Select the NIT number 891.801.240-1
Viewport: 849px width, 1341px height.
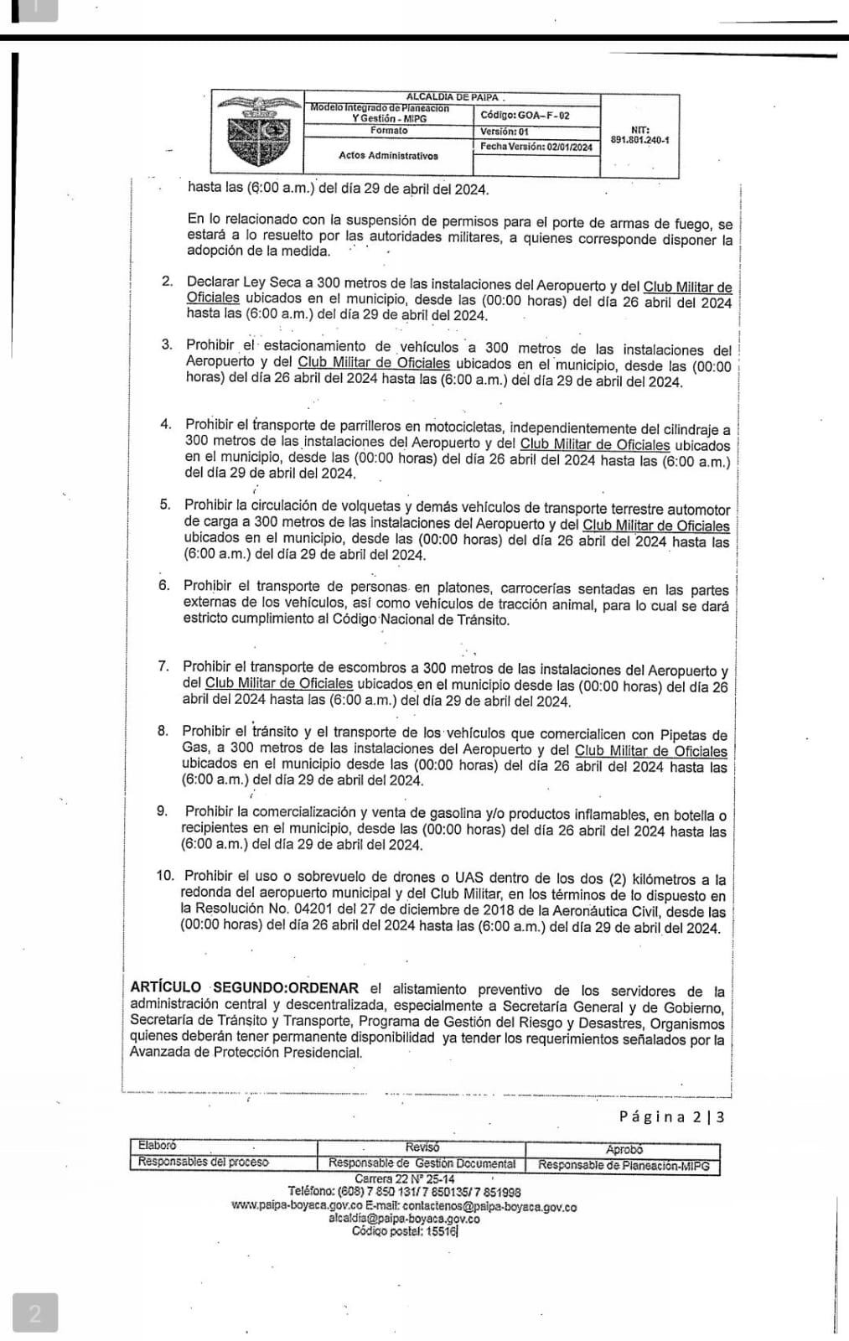pos(640,141)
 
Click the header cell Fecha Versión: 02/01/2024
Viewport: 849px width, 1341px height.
pos(536,147)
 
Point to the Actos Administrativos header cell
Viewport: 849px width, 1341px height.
pos(388,155)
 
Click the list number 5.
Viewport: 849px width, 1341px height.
pos(165,505)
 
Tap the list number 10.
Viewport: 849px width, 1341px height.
pos(165,876)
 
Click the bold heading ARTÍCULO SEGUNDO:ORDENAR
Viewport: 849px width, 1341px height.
pos(244,988)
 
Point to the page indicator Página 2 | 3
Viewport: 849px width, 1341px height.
pos(671,1116)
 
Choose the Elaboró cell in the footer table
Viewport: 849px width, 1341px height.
pos(158,1146)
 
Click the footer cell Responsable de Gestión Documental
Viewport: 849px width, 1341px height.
pos(422,1163)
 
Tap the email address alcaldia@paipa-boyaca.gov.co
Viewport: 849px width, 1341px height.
pos(404,1219)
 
